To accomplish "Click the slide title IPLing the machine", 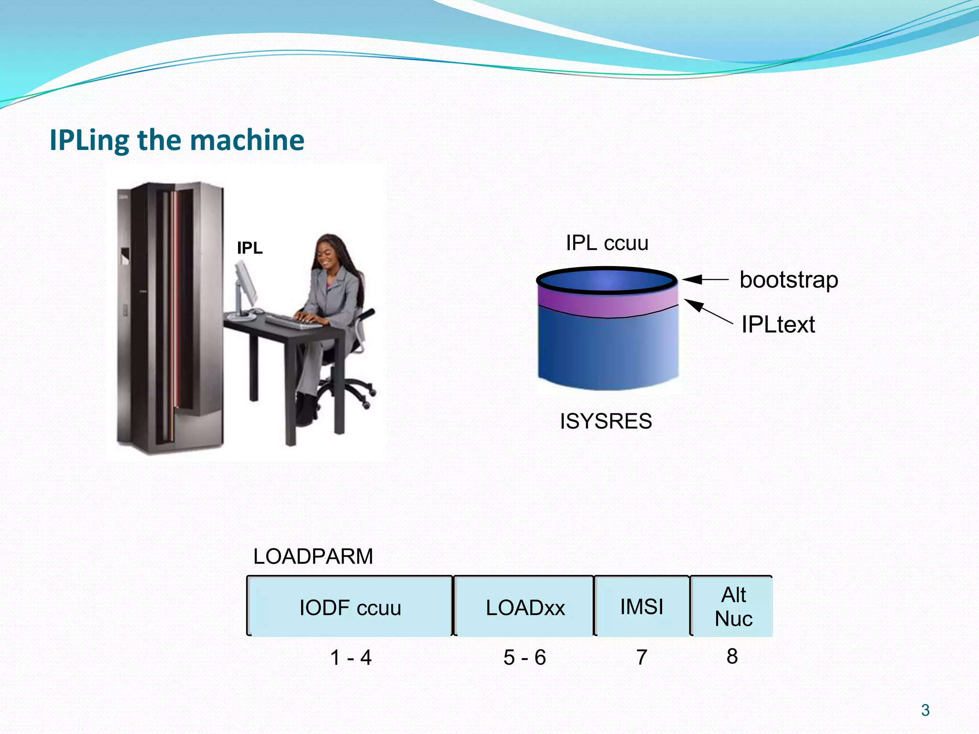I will tap(177, 140).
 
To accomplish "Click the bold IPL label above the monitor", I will tap(250, 248).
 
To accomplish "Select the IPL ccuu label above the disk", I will tap(607, 243).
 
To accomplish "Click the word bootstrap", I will tap(788, 280).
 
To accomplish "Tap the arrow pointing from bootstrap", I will tap(705, 280).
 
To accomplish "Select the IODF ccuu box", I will tap(350, 607).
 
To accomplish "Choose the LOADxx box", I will tap(524, 607).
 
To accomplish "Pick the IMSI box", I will tap(642, 607).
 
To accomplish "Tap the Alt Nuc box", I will tap(732, 607).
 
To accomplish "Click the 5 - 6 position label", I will tap(524, 658).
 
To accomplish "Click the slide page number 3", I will tap(925, 710).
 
